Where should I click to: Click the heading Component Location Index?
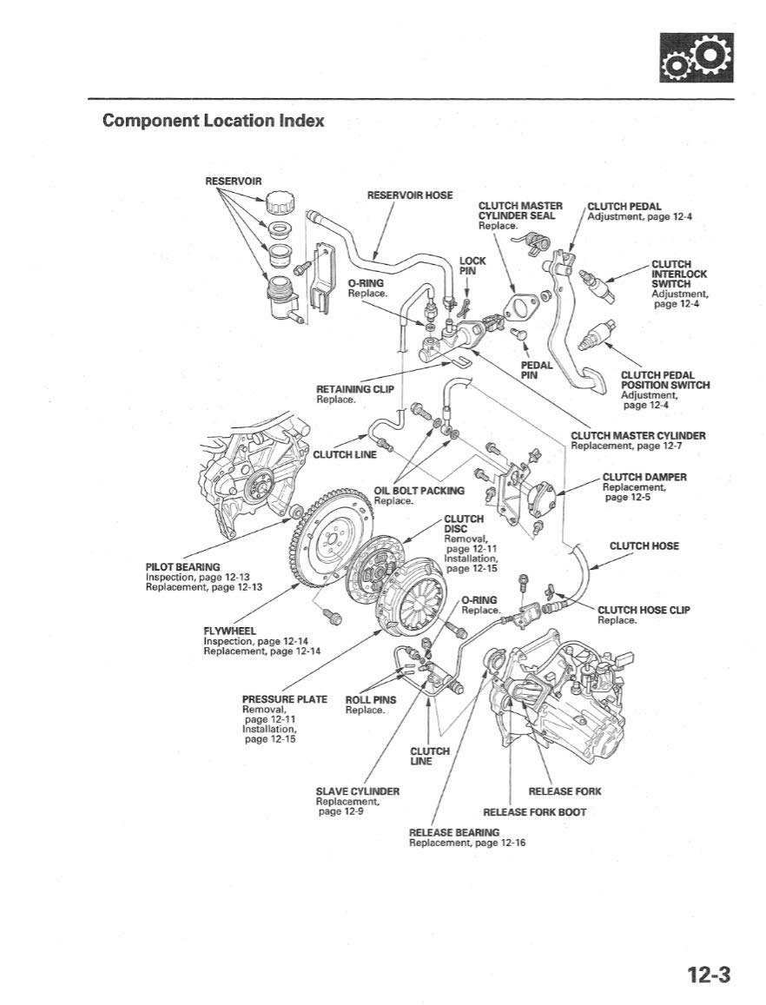coord(213,120)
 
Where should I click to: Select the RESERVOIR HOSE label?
coord(410,195)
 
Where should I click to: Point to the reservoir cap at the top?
coord(281,207)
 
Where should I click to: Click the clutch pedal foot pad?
coord(594,382)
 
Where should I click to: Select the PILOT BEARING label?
coord(183,567)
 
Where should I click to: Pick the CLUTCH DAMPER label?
coord(644,477)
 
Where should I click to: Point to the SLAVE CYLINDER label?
coord(357,791)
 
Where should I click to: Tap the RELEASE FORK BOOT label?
coord(534,812)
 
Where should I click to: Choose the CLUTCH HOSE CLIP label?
coord(644,610)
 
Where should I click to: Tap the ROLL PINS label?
coord(371,700)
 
